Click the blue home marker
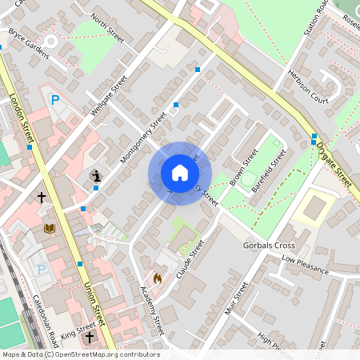click(179, 173)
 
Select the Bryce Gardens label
click(28, 45)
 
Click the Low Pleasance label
click(305, 266)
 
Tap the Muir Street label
click(238, 294)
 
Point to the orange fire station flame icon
click(157, 278)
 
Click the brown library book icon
click(50, 229)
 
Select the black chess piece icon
click(96, 174)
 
